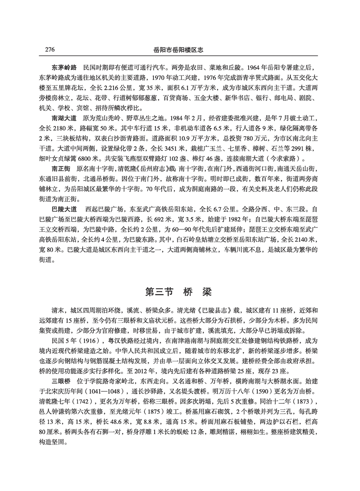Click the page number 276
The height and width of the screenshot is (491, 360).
[x=50, y=49]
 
